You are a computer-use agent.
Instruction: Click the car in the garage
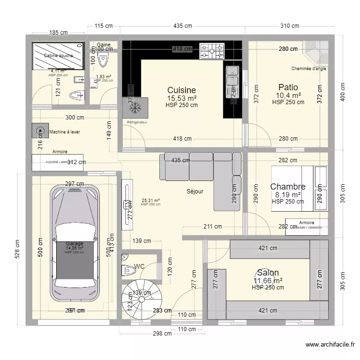click(x=77, y=244)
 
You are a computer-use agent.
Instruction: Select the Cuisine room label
click(x=181, y=90)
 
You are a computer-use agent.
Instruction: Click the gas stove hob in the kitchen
click(x=212, y=51)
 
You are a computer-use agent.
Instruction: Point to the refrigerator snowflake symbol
click(x=136, y=108)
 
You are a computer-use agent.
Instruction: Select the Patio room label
click(x=288, y=87)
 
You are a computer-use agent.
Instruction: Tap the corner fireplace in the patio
click(x=316, y=52)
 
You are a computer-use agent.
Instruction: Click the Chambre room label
click(x=288, y=187)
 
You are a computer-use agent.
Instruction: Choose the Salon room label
click(x=268, y=273)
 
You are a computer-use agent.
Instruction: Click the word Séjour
click(x=195, y=191)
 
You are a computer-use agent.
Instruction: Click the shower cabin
click(x=57, y=56)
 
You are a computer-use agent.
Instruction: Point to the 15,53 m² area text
click(x=181, y=98)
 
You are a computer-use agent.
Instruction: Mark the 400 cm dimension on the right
click(x=343, y=89)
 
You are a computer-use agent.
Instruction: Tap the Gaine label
click(x=104, y=45)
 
